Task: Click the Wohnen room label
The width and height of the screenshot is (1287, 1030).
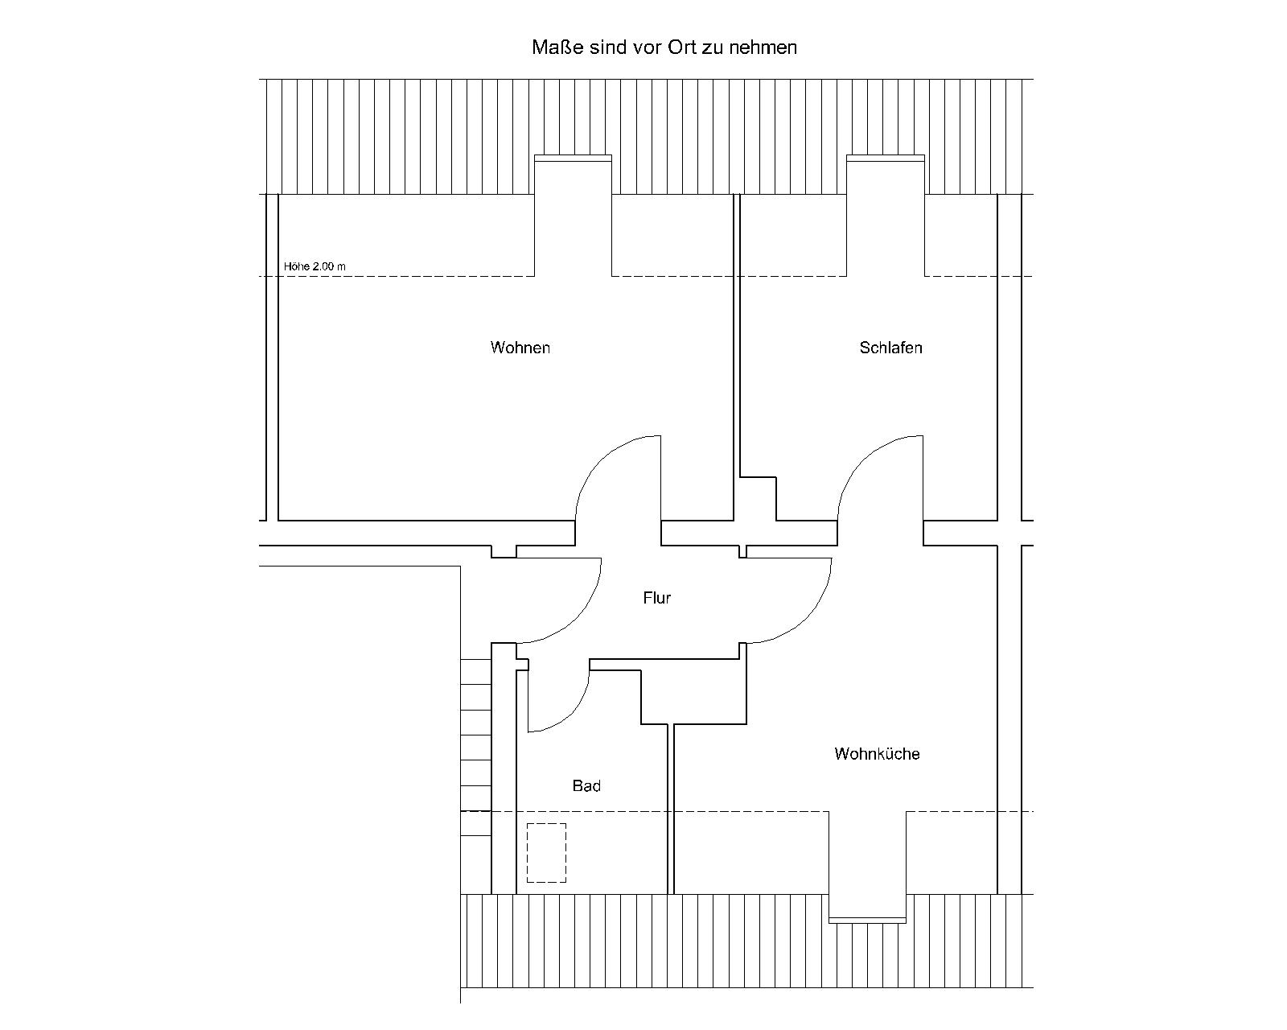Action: click(520, 348)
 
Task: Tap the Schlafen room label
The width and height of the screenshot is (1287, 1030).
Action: click(890, 348)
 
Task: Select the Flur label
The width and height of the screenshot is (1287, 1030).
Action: click(656, 598)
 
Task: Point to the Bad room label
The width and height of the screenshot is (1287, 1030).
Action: click(586, 786)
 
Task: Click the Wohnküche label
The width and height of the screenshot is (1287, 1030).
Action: click(877, 753)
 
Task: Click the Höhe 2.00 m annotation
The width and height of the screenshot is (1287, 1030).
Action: click(315, 266)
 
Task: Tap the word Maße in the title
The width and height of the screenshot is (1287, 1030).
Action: click(558, 47)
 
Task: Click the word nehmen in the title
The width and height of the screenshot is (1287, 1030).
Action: click(763, 47)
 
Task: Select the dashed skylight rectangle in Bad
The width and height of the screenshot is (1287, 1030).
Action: click(546, 852)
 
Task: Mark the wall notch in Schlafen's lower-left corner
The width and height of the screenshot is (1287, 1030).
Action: click(759, 499)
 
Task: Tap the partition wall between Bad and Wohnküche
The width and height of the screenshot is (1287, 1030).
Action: click(670, 810)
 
